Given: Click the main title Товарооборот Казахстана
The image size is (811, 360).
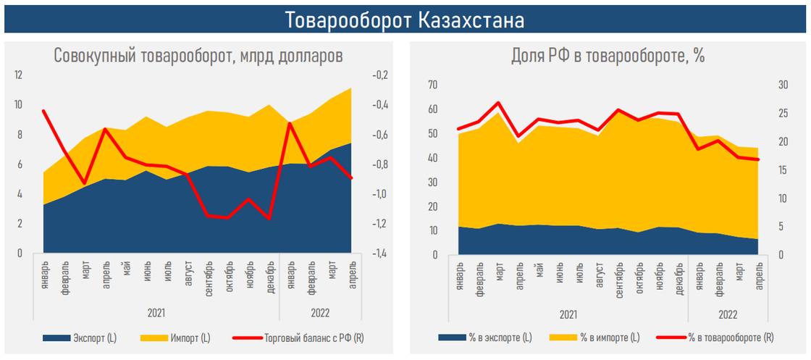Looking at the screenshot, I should [x=405, y=20].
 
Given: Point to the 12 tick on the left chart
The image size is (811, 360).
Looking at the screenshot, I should [x=19, y=75].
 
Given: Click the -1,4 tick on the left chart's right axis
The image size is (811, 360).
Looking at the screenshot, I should [x=378, y=254].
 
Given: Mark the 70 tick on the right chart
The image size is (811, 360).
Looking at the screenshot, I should [x=433, y=85].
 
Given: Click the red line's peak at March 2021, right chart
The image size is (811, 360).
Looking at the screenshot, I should [x=499, y=103].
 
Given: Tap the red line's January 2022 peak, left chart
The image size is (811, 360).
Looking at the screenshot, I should [x=290, y=123].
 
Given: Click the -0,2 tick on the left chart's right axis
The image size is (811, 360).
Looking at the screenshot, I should [x=378, y=75].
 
